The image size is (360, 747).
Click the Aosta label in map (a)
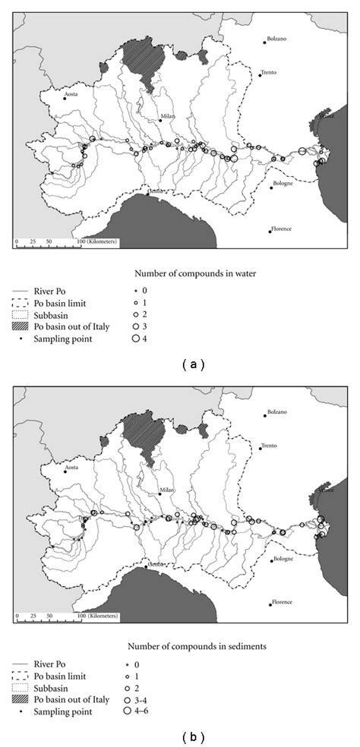click(x=72, y=94)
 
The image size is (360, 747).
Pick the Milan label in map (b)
click(x=168, y=491)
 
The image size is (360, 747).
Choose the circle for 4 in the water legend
click(x=136, y=339)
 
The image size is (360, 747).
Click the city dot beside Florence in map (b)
click(x=271, y=604)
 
